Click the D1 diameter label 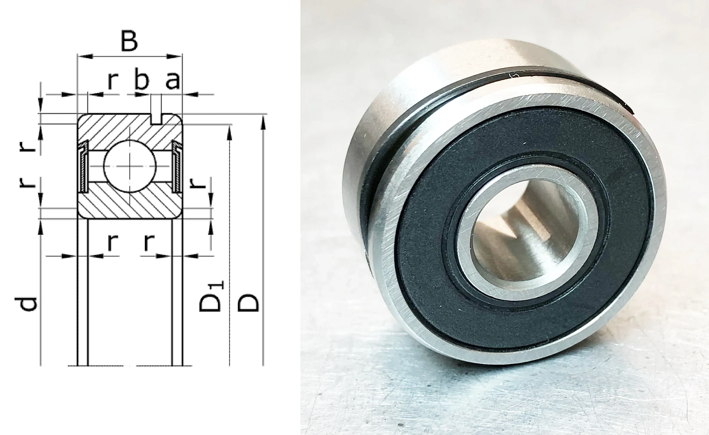click(211, 296)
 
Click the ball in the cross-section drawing click(130, 166)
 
